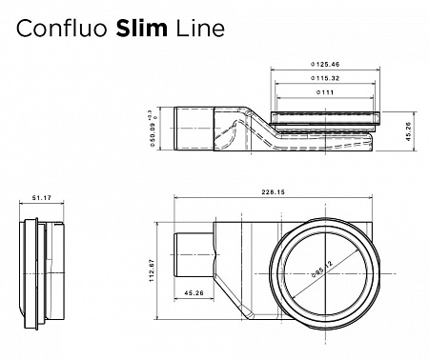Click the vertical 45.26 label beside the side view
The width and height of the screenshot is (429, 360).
point(408,133)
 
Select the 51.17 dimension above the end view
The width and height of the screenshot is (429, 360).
point(40,198)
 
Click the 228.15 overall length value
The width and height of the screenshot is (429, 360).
point(274,192)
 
